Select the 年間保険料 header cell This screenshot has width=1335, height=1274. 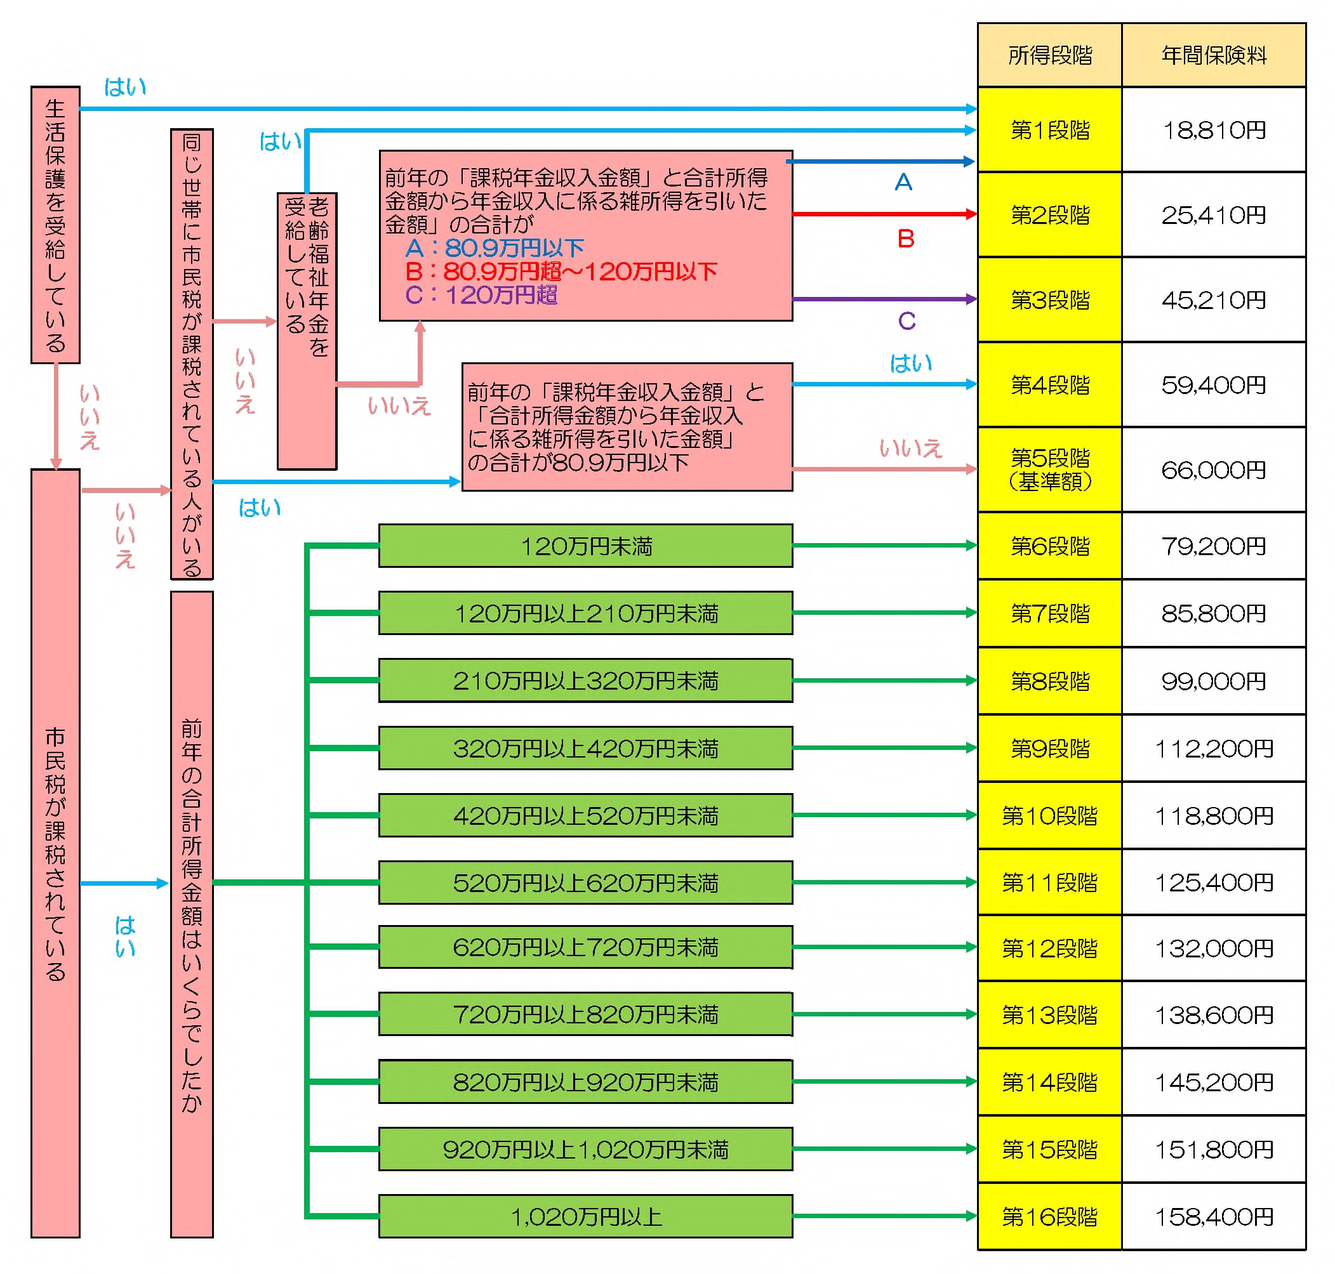tap(1213, 55)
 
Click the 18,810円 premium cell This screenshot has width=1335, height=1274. tap(1213, 129)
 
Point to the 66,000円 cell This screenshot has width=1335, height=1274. tap(1213, 470)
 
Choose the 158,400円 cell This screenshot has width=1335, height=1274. tap(1213, 1216)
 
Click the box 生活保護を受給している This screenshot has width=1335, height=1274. tap(55, 224)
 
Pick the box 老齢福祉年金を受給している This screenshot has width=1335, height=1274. tap(307, 331)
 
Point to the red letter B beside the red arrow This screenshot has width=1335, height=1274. tap(905, 239)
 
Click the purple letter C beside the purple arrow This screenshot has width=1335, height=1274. tap(907, 320)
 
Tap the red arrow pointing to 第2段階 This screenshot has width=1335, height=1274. tap(883, 214)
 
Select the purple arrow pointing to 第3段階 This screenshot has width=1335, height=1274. tap(883, 299)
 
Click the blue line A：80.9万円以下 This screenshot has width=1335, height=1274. tap(494, 248)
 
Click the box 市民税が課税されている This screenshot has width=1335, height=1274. tap(55, 852)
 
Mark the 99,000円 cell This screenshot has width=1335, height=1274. tap(1213, 681)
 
